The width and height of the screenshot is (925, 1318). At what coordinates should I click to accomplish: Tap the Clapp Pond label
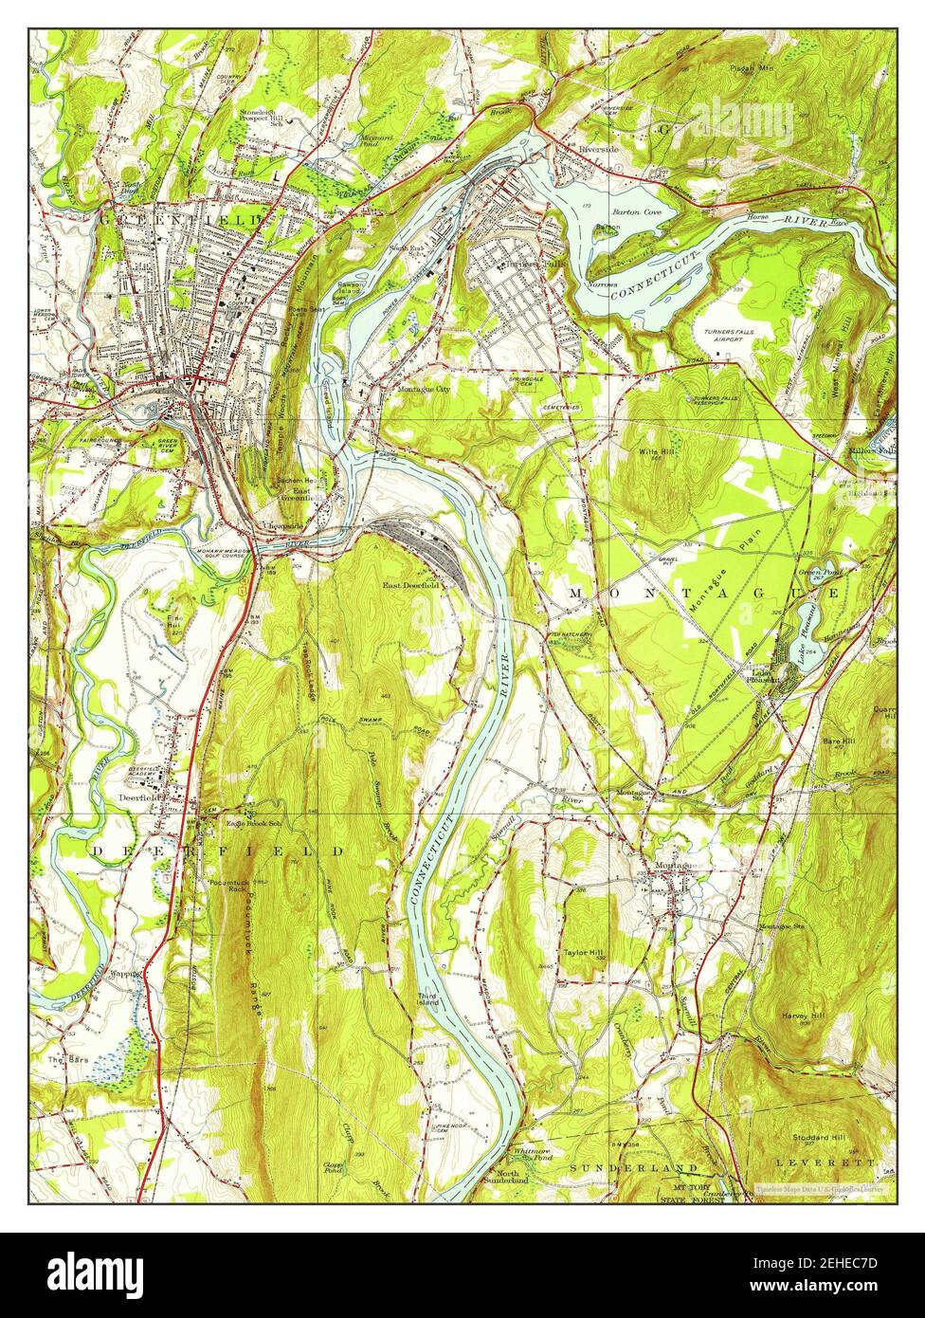pyautogui.click(x=333, y=1167)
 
